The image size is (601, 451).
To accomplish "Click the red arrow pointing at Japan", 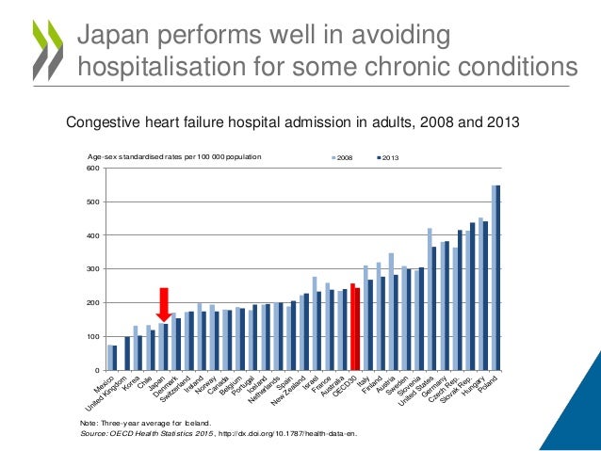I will point(163,304).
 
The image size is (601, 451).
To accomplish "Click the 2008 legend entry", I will point(342,157).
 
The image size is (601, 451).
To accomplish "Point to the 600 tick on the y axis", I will point(92,169).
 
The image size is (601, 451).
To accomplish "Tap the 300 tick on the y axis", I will point(92,269).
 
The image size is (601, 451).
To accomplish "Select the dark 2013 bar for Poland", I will point(497,278).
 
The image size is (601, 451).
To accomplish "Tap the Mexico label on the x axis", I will point(103,386).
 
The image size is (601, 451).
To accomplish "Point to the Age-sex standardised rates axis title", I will point(174,157).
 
